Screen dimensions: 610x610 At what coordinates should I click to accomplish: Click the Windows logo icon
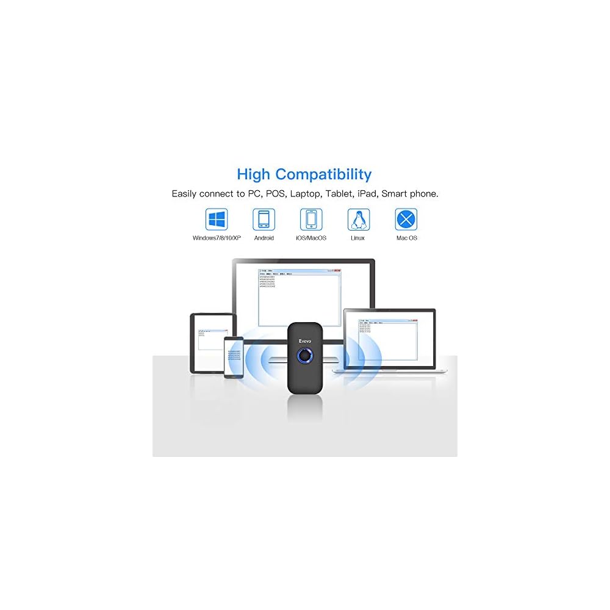(217, 219)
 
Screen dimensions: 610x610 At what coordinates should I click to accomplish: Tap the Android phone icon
(264, 219)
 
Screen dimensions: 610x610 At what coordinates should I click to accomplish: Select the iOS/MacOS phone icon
(311, 219)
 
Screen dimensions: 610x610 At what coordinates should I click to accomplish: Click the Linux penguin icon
(359, 219)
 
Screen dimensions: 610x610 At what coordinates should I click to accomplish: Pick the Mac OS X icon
(406, 219)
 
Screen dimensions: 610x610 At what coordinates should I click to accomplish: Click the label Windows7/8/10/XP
(217, 238)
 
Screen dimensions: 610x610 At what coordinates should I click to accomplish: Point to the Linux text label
(359, 238)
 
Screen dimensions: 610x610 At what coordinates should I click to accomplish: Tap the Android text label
(264, 238)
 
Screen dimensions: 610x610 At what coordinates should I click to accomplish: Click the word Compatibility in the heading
(323, 174)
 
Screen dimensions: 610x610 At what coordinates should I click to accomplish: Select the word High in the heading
(254, 174)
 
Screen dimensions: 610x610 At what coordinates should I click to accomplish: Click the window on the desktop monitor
(300, 296)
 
